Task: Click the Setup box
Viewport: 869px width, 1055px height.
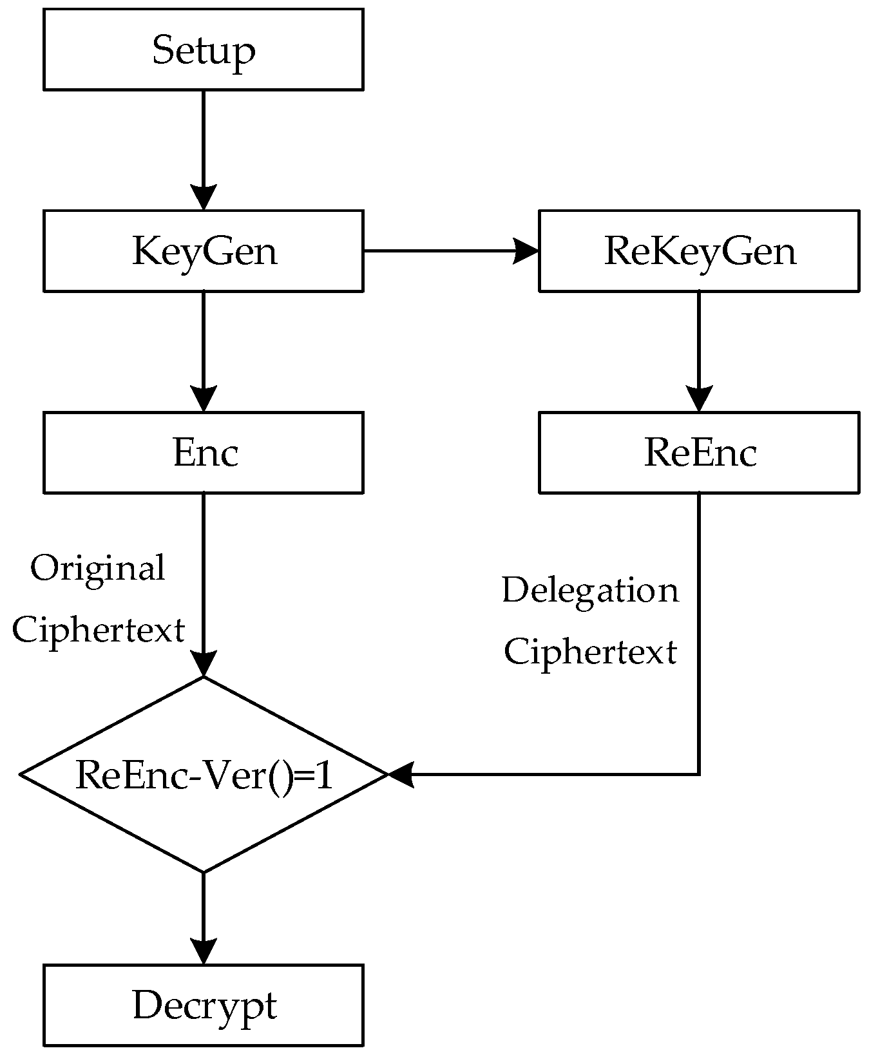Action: (x=203, y=49)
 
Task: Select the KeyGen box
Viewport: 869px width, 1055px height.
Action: (x=203, y=251)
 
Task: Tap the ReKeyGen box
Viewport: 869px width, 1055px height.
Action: (x=698, y=251)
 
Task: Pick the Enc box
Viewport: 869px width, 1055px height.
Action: (x=203, y=452)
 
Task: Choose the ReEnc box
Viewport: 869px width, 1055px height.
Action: (x=698, y=452)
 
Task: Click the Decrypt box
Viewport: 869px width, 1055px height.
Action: (x=203, y=1005)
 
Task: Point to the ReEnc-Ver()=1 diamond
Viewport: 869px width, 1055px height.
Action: (x=203, y=774)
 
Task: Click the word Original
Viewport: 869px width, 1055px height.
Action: (x=98, y=568)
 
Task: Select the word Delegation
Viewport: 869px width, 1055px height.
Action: (x=589, y=590)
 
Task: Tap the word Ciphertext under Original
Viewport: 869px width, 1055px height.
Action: (x=98, y=629)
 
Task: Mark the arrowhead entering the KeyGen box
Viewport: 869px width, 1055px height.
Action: (x=203, y=196)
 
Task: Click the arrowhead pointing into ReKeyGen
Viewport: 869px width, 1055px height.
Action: (x=525, y=251)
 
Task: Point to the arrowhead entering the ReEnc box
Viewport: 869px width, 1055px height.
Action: (x=698, y=398)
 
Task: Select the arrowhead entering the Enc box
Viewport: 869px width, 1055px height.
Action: (x=203, y=398)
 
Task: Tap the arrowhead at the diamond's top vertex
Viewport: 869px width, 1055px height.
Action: (x=203, y=663)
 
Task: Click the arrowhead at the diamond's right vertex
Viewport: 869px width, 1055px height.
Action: (x=401, y=774)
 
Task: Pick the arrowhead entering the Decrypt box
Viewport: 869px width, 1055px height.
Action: (x=203, y=951)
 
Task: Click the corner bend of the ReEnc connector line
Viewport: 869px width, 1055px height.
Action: (x=698, y=774)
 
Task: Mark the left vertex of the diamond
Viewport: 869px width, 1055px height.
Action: (x=21, y=774)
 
